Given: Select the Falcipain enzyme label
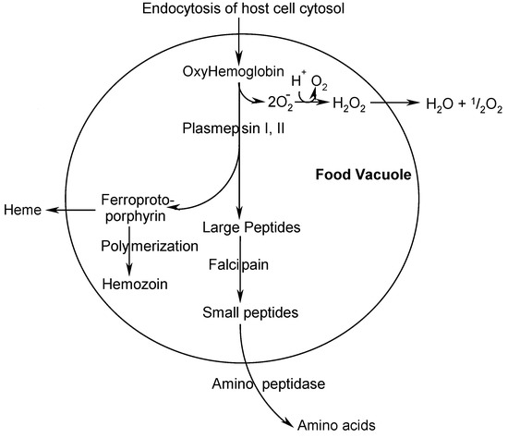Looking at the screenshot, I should pyautogui.click(x=241, y=264).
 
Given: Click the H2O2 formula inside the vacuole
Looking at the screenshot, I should pyautogui.click(x=352, y=107).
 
